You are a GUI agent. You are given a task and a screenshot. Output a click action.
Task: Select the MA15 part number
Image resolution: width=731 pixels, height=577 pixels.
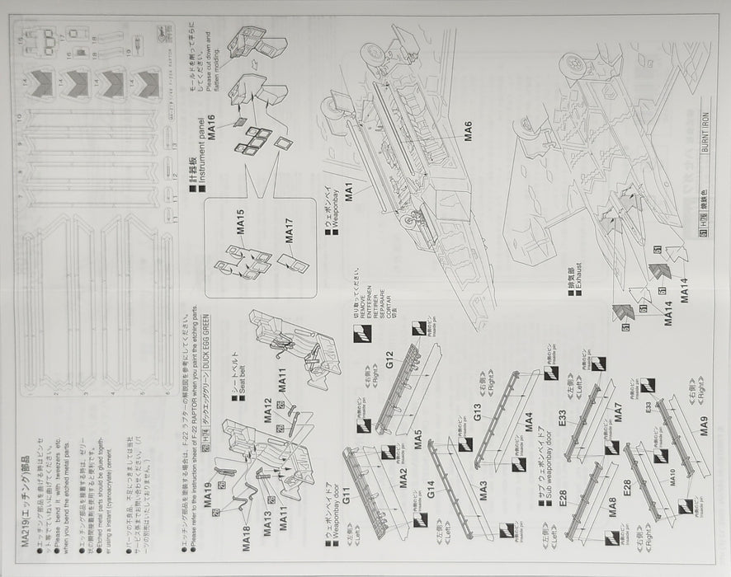pyautogui.click(x=243, y=228)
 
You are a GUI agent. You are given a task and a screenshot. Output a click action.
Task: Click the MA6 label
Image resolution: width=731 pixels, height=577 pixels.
pyautogui.click(x=468, y=132)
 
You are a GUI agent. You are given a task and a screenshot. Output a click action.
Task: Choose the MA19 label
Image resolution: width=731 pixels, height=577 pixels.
pyautogui.click(x=209, y=496)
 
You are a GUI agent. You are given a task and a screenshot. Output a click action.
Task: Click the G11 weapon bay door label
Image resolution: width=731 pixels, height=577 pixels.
pyautogui.click(x=347, y=495)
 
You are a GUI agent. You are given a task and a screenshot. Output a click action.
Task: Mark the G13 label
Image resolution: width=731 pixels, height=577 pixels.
pyautogui.click(x=478, y=412)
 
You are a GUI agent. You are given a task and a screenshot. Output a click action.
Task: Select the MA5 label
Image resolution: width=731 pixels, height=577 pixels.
pyautogui.click(x=419, y=437)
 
